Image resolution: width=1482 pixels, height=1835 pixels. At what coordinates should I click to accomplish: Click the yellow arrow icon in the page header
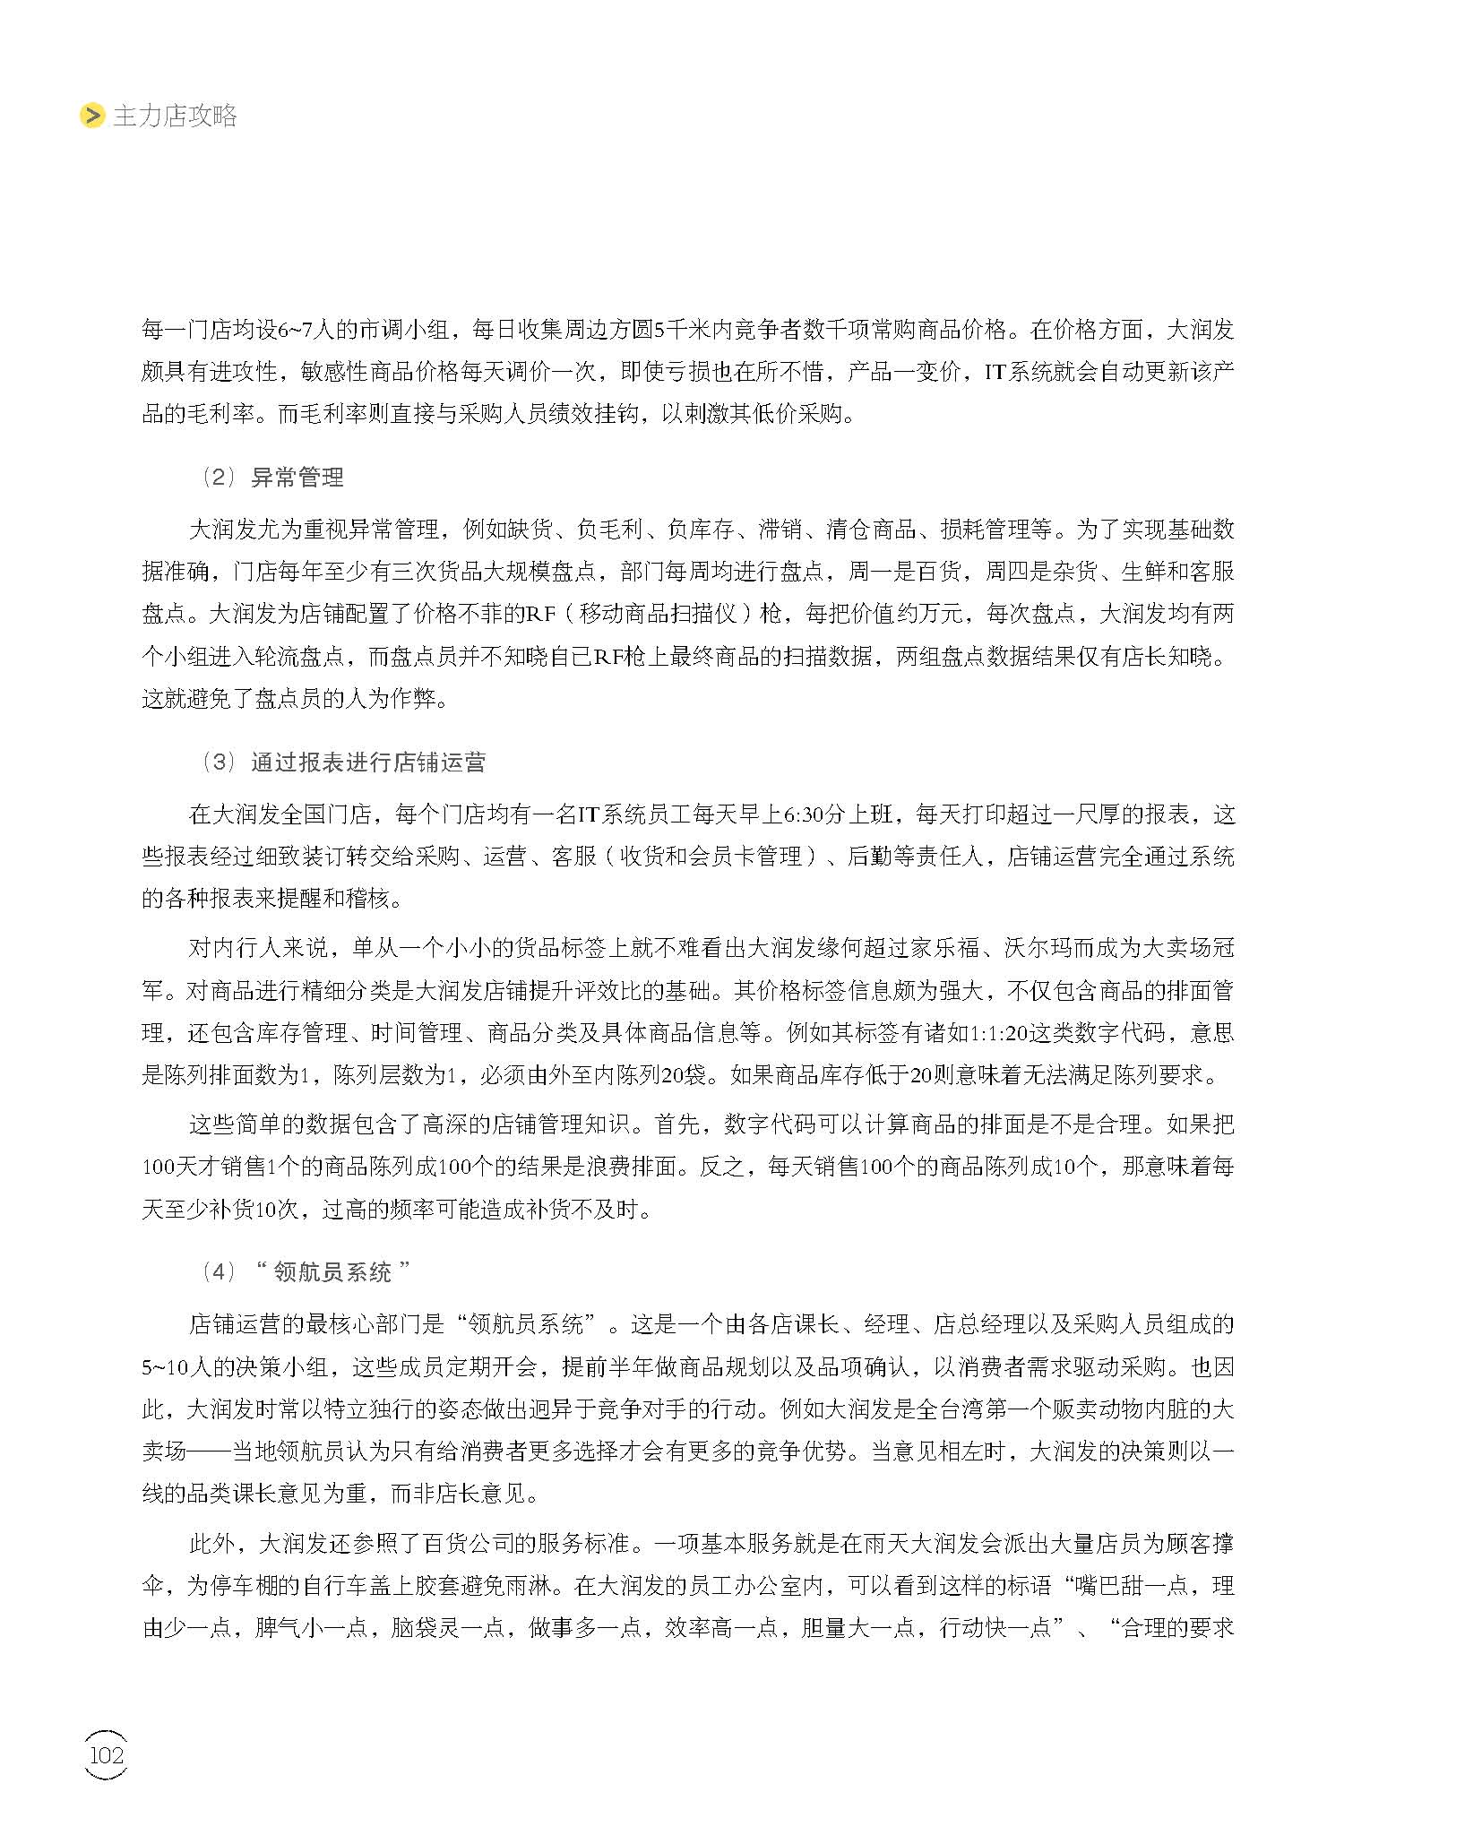[92, 116]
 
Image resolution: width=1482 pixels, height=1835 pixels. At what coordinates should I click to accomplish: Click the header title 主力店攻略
[175, 116]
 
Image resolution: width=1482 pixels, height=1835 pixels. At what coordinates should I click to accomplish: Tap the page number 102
[106, 1754]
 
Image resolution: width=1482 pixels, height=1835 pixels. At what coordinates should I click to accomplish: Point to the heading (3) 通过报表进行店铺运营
[343, 762]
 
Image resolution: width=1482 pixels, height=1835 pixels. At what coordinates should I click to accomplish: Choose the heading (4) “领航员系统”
[306, 1271]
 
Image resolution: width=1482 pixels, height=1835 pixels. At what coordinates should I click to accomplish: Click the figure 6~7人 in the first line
[306, 330]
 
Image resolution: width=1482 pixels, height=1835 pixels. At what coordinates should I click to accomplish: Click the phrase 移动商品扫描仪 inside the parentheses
[658, 614]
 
